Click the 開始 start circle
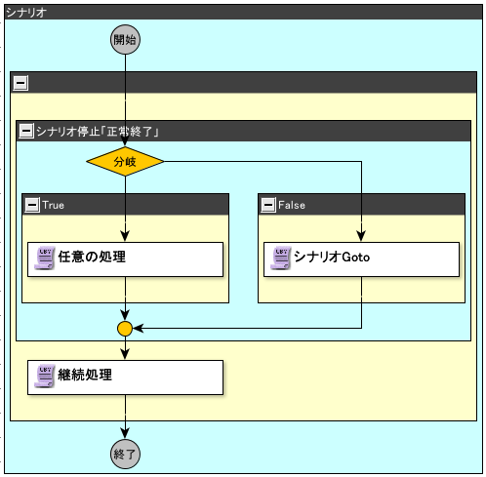125,40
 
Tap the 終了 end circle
125,454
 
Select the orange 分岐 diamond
125,161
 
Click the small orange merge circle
125,329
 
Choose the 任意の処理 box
125,259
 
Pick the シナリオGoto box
361,259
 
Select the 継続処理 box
125,378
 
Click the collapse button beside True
32,205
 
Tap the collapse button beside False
268,205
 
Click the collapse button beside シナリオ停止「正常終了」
26,131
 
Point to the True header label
53,205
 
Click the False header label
292,205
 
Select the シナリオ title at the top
26,13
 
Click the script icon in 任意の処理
45,258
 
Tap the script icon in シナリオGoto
281,258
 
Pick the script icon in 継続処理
45,377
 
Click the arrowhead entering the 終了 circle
125,433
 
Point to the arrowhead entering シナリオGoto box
361,236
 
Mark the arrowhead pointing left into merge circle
139,329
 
